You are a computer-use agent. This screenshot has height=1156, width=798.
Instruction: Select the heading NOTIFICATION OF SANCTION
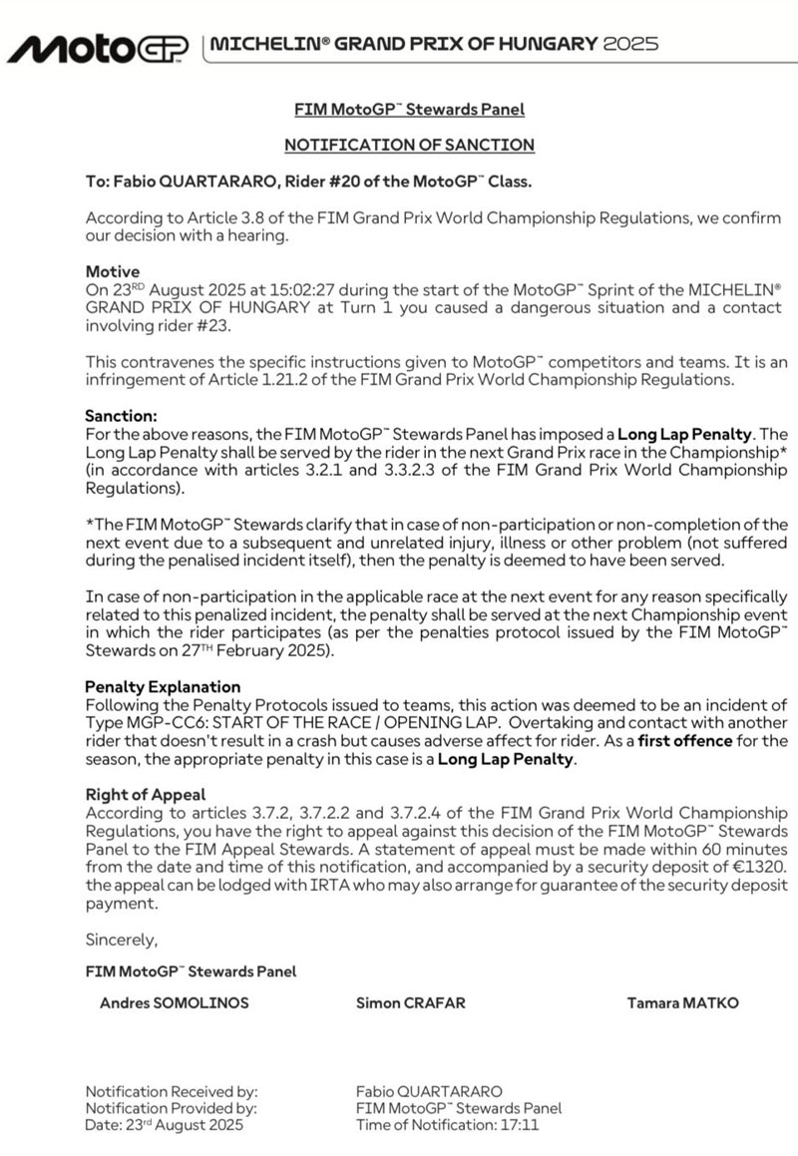(x=409, y=145)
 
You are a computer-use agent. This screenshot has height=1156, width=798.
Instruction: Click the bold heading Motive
(x=113, y=271)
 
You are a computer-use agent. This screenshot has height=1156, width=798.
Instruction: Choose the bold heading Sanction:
(x=122, y=416)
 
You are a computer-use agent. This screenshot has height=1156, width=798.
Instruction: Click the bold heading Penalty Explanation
(x=163, y=687)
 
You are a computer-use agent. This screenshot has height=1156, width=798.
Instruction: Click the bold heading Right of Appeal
(x=145, y=795)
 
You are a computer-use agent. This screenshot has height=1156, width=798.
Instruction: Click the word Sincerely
(x=122, y=940)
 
